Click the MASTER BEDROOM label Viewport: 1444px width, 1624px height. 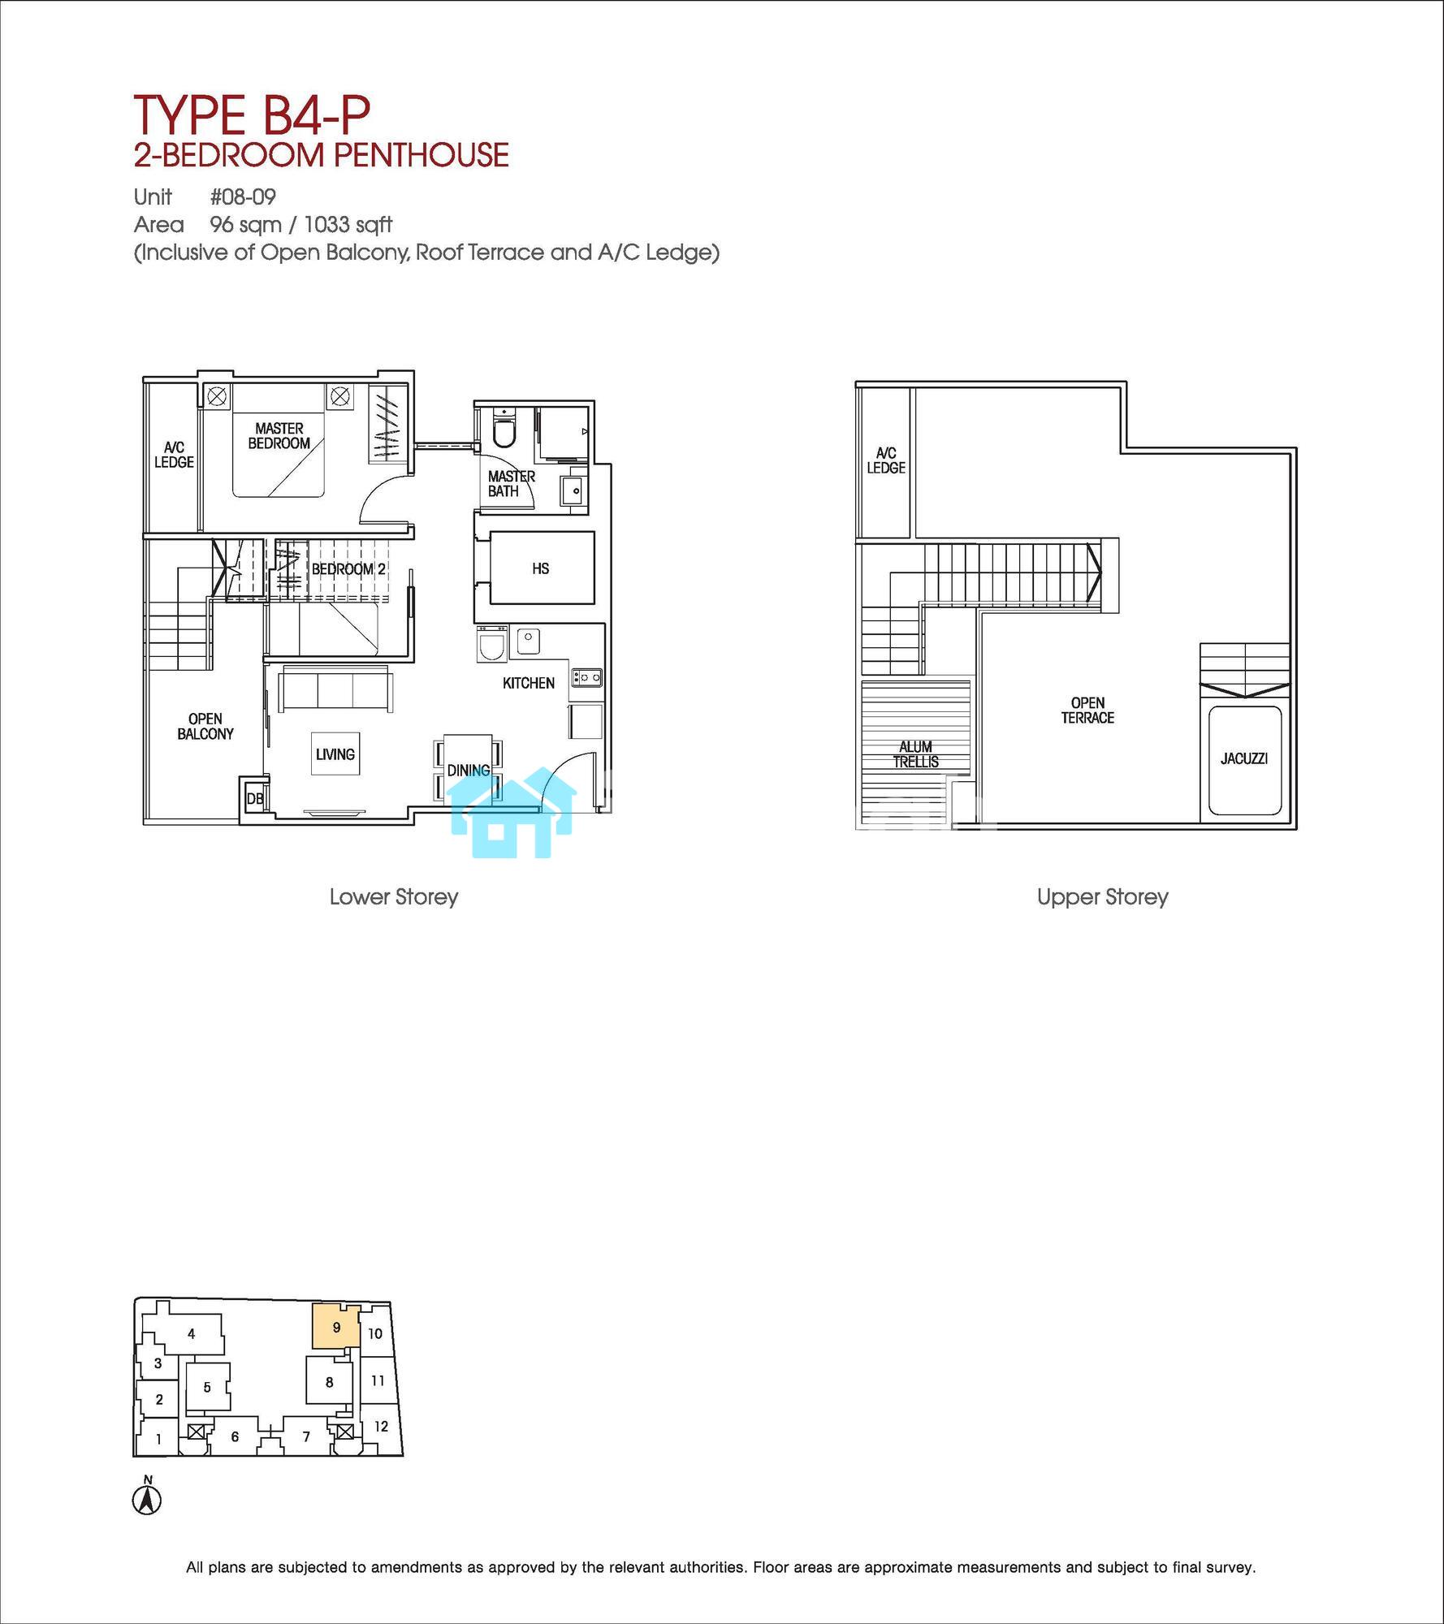pyautogui.click(x=279, y=436)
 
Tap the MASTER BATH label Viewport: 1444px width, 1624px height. pyautogui.click(x=511, y=484)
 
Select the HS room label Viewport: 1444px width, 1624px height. pyautogui.click(x=541, y=569)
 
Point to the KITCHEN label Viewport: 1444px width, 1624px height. pyautogui.click(x=529, y=683)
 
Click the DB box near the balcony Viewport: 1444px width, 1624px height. pyautogui.click(x=254, y=799)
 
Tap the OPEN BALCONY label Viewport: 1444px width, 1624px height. pyautogui.click(x=205, y=727)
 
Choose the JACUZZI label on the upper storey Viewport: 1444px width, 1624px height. pyautogui.click(x=1244, y=759)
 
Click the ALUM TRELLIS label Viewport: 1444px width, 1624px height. pyautogui.click(x=916, y=754)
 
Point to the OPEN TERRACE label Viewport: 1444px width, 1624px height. pyautogui.click(x=1087, y=710)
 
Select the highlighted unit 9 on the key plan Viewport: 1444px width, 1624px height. pyautogui.click(x=335, y=1328)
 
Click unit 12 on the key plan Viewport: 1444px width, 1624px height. pyautogui.click(x=381, y=1426)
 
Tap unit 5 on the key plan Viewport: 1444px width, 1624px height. pyautogui.click(x=207, y=1387)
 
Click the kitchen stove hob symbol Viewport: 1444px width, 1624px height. pyautogui.click(x=586, y=676)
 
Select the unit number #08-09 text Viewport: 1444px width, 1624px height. pyautogui.click(x=243, y=197)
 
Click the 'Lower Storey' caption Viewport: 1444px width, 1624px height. pyautogui.click(x=394, y=897)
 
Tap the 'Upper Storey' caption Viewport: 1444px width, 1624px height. pyautogui.click(x=1102, y=897)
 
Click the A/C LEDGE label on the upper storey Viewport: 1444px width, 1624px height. pyautogui.click(x=885, y=460)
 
